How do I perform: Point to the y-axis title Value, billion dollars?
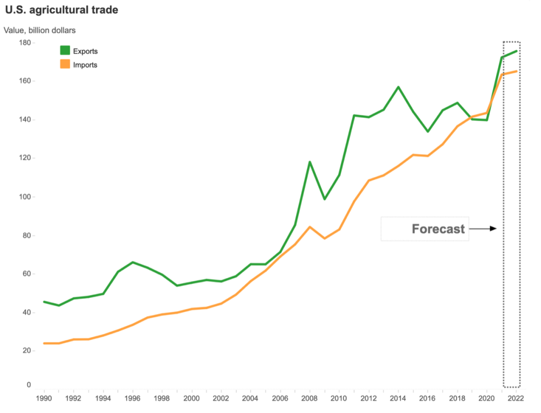click(x=40, y=30)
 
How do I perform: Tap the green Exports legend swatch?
click(x=65, y=51)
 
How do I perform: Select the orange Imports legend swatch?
click(x=65, y=64)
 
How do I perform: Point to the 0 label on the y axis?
click(x=29, y=385)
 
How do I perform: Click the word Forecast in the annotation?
click(x=438, y=229)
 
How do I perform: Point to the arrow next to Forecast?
click(x=483, y=229)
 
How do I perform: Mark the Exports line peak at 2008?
click(x=309, y=161)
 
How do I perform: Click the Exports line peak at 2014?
click(x=398, y=87)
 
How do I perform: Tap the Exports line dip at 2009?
click(x=324, y=199)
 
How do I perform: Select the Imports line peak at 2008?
click(x=309, y=227)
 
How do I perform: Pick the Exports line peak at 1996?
click(x=133, y=262)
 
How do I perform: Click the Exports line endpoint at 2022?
click(x=516, y=51)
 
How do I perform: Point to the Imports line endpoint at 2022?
click(x=516, y=71)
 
